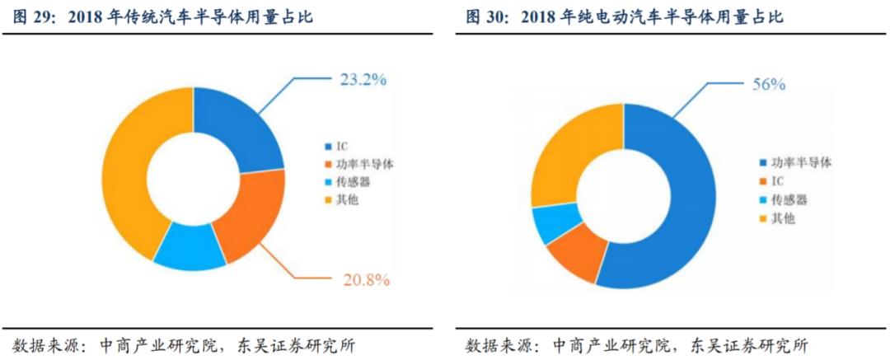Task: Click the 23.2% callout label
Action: (363, 80)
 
